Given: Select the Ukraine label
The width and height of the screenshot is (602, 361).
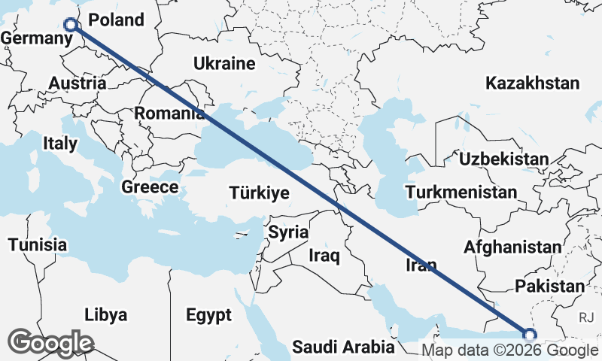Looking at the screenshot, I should [223, 64].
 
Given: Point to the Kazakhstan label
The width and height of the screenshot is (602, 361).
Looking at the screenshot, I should [533, 83].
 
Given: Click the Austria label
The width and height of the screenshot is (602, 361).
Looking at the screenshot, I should [78, 83].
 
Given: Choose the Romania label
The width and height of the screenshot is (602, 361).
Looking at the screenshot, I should [169, 114].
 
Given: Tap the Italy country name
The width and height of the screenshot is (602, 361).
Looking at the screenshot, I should [60, 143].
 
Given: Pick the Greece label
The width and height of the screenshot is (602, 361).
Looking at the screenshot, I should [150, 187].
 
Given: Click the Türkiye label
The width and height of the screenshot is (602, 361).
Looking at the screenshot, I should [259, 193].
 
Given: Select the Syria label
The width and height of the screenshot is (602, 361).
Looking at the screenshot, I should [288, 232].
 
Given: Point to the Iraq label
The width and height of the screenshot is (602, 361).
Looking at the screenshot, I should [324, 256].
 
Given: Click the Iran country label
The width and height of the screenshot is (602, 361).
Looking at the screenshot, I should [421, 264].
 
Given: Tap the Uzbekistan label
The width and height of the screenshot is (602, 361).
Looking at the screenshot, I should [503, 159].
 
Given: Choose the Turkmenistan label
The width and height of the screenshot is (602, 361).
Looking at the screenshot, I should [460, 193].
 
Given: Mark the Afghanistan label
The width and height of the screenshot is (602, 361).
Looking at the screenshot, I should [512, 247].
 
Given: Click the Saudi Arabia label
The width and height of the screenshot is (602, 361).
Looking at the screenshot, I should [343, 347].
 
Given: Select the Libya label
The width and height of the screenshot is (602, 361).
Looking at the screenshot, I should [105, 314].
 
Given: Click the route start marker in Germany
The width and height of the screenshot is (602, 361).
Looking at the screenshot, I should [70, 25].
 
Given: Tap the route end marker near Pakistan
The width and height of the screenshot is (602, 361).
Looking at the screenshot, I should [529, 335].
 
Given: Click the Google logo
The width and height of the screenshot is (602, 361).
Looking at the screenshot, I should [50, 343].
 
